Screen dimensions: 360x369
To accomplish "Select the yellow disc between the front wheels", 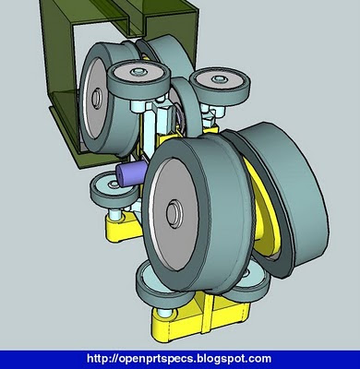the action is click(x=265, y=209).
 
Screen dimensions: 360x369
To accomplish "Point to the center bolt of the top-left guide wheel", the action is click(x=138, y=73).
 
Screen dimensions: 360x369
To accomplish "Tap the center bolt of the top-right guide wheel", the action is click(x=219, y=78).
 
